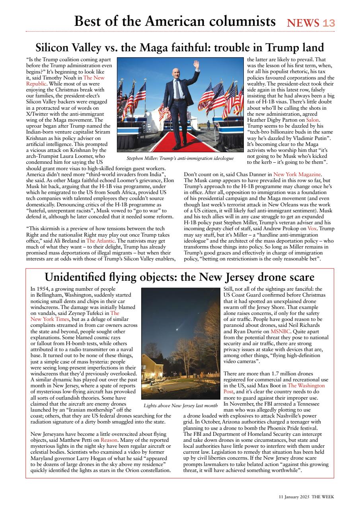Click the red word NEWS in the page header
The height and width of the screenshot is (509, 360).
[303, 23]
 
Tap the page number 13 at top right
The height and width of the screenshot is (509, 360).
[329, 23]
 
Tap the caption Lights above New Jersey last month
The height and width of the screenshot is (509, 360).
[181, 406]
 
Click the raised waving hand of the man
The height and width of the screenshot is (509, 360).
[196, 64]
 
